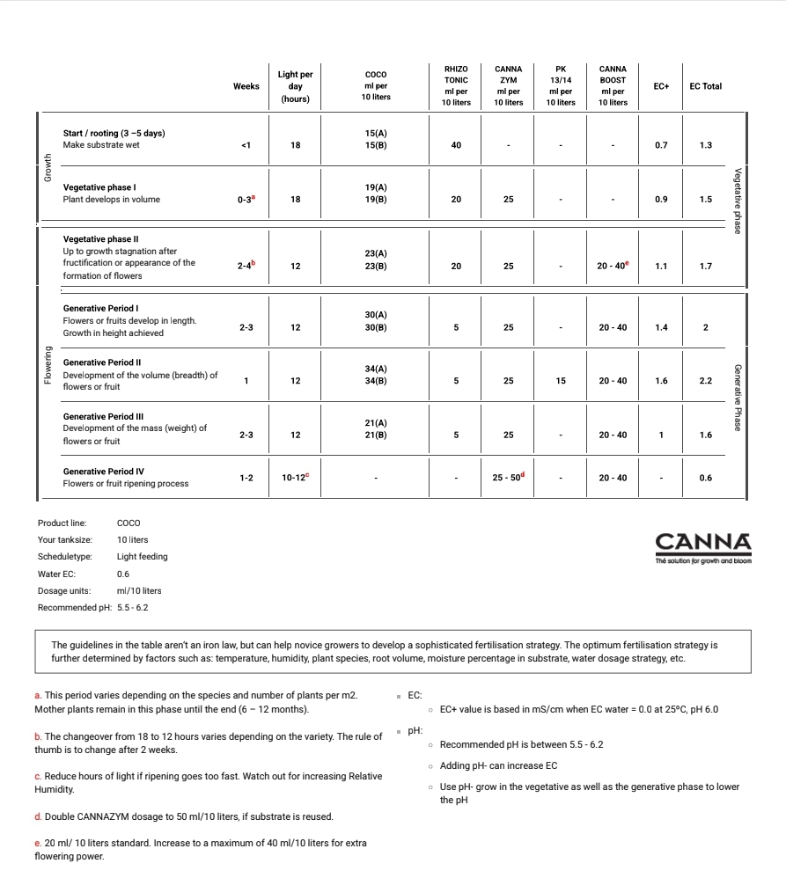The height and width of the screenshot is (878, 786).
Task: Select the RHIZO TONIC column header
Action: point(456,85)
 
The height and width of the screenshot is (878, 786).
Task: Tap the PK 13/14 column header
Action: point(561,85)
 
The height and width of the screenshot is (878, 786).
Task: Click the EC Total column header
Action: point(705,86)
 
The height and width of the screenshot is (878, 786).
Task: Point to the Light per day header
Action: point(296,86)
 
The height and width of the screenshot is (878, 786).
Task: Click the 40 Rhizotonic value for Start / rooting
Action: point(456,145)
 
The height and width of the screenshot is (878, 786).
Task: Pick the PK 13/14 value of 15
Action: point(561,381)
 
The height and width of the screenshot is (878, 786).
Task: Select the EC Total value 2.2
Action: point(705,381)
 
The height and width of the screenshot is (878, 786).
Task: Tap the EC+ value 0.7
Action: point(661,145)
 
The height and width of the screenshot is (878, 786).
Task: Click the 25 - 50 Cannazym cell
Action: point(508,478)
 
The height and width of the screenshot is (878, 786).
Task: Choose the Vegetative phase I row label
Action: point(99,187)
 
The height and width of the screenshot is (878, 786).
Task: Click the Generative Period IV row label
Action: point(104,472)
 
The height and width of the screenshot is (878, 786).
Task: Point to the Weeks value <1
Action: point(246,145)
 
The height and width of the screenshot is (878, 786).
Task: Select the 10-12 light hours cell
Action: point(295,478)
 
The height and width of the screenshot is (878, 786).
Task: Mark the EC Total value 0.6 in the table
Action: point(705,478)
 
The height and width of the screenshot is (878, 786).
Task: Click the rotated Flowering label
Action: point(48,365)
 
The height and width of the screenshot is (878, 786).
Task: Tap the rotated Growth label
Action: point(48,167)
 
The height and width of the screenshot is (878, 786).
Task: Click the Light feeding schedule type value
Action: point(142,556)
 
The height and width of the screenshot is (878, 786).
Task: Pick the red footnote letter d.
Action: point(38,817)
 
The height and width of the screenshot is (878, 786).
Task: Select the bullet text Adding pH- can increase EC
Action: point(498,765)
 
